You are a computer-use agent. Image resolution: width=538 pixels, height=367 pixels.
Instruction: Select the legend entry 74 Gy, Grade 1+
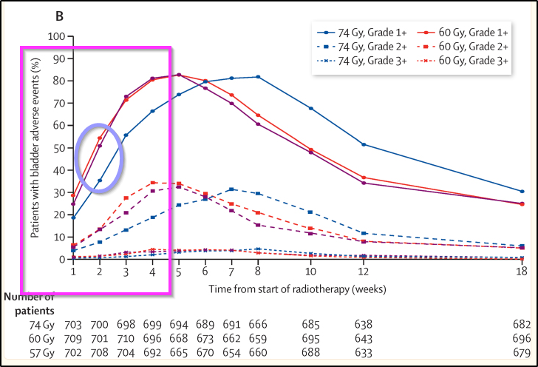[x=366, y=33]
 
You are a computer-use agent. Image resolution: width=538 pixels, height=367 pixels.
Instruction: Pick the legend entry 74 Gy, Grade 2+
[x=366, y=47]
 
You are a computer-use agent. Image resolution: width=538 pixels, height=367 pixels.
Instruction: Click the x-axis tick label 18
[x=522, y=272]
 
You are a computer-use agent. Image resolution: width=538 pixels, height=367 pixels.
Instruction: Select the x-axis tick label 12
[x=364, y=272]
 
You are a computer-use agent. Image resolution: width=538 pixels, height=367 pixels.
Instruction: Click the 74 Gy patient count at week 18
[x=522, y=324]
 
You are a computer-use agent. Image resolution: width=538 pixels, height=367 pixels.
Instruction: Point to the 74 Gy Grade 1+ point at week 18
[x=522, y=191]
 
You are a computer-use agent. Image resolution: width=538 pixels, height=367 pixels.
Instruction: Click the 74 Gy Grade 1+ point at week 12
[x=364, y=144]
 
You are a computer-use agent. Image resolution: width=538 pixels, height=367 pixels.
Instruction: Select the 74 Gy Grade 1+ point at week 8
[x=257, y=77]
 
